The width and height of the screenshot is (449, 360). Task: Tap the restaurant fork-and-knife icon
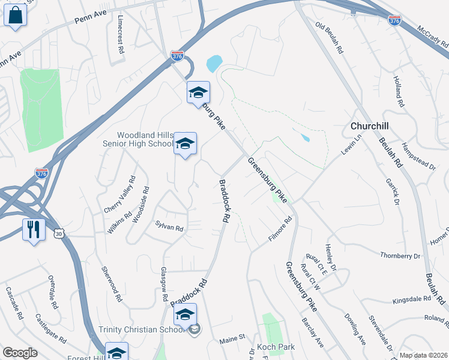point(34,229)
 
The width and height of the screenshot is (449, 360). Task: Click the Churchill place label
point(370,127)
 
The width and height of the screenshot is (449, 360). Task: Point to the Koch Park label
point(275,347)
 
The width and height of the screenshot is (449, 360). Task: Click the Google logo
point(20,353)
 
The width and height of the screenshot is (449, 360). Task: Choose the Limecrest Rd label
point(121,35)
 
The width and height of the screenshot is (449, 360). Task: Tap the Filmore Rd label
point(280,230)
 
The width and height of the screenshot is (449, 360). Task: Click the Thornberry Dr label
point(400,256)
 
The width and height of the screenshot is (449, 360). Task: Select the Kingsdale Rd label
point(411,298)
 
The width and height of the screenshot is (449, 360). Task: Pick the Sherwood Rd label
point(112,284)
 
